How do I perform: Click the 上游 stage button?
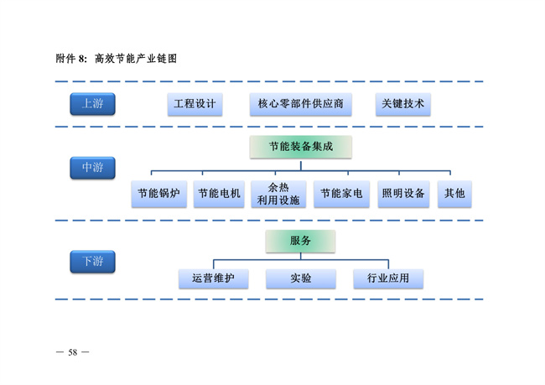pos(92,104)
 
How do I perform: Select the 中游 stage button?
pos(92,168)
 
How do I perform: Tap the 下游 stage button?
pos(92,262)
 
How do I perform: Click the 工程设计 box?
pos(195,105)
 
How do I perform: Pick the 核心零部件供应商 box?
pos(300,105)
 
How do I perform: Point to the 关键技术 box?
pos(402,105)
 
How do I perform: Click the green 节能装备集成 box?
pos(300,147)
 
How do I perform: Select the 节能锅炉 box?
pos(158,194)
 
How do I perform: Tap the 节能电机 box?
pos(219,194)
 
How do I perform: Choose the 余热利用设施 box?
pos(278,194)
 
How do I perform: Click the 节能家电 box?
pos(340,194)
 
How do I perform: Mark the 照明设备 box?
pos(402,194)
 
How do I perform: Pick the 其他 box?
pos(454,194)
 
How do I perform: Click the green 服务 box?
pos(300,241)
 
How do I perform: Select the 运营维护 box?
pos(213,278)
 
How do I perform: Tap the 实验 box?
pos(301,278)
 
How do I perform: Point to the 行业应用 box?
pos(388,278)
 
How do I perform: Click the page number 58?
pos(72,351)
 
